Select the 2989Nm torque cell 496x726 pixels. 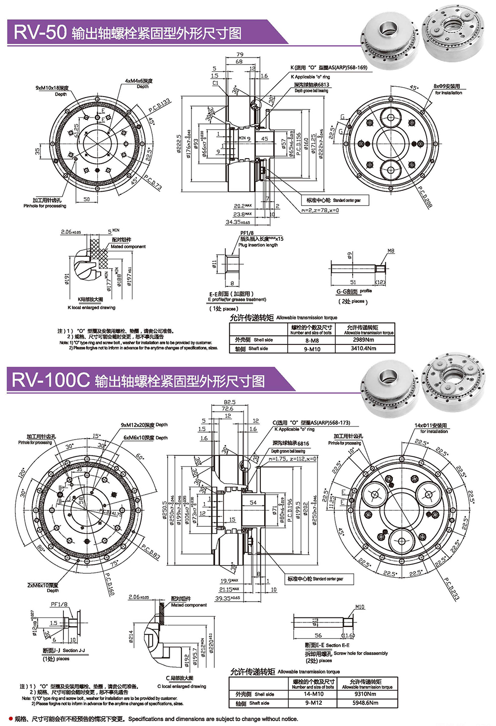(364, 340)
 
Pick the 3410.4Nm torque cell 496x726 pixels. (364, 349)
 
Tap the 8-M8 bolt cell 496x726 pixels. (312, 340)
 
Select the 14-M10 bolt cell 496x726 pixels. (313, 694)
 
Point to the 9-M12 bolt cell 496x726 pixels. (313, 703)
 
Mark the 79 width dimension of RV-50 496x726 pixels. (240, 55)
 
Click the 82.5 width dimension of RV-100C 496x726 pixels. (230, 402)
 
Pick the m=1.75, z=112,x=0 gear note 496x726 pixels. (293, 459)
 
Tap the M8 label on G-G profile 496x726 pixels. (391, 251)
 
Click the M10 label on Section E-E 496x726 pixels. (360, 607)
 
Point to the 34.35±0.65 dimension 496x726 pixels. (238, 223)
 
